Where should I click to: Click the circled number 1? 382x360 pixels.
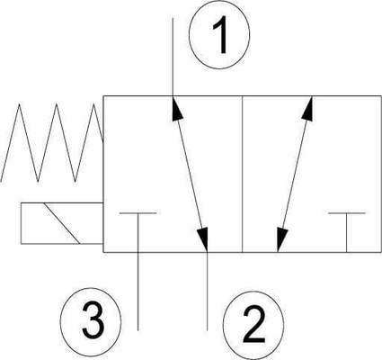tap(219, 33)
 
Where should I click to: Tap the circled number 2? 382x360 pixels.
tap(253, 326)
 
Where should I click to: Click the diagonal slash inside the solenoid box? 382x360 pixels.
tap(62, 223)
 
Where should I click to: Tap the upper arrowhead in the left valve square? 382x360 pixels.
tap(177, 108)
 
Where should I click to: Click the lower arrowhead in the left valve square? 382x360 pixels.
tap(202, 239)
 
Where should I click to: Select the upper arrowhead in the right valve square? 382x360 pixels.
tap(308, 108)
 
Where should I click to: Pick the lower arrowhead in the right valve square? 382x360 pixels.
tap(281, 239)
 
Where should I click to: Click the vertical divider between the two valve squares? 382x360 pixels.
tap(242, 175)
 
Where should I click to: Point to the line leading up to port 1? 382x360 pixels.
tap(173, 57)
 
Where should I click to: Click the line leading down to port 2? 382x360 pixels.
tap(208, 292)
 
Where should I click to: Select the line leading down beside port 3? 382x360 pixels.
tap(138, 292)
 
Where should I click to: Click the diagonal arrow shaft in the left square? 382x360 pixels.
tap(190, 174)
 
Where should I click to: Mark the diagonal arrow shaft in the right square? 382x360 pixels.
tap(295, 174)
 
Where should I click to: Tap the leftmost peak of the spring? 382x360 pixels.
tap(20, 104)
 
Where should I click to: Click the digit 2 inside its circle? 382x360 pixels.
tap(253, 325)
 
